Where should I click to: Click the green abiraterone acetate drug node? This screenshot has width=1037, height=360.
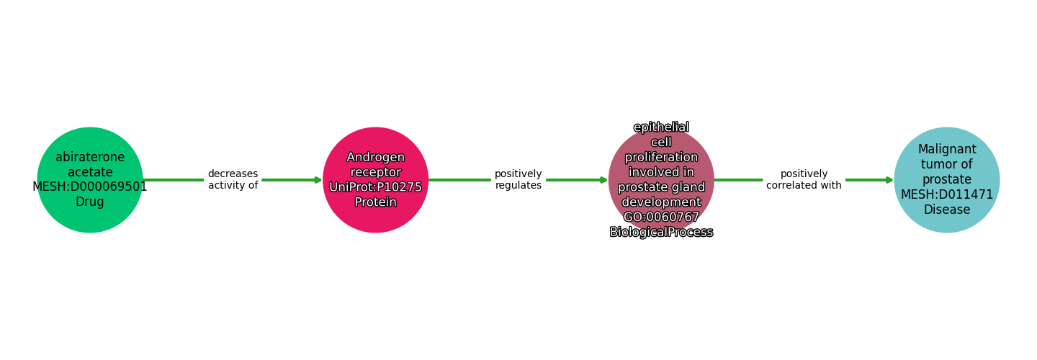[x=90, y=180]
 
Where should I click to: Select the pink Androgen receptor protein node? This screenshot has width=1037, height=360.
[x=375, y=180]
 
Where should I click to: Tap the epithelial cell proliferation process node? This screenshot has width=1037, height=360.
[x=661, y=180]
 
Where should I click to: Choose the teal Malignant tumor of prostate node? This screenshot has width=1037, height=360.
[x=947, y=180]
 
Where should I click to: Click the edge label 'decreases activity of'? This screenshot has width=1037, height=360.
[x=233, y=179]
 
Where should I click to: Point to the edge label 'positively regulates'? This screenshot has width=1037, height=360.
[x=518, y=179]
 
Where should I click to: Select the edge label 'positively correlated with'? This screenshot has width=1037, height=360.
[x=804, y=179]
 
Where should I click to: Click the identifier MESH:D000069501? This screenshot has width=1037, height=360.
[x=90, y=187]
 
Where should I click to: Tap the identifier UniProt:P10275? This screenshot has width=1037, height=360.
[x=375, y=187]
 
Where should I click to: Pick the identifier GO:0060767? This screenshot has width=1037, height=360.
[x=661, y=217]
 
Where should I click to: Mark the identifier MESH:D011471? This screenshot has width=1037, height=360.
[x=947, y=194]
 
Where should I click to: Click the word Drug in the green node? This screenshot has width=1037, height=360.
[x=90, y=202]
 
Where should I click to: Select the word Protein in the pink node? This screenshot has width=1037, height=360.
[x=375, y=202]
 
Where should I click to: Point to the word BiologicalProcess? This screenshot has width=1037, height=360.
[x=661, y=232]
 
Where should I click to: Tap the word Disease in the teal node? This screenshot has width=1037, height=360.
[x=947, y=210]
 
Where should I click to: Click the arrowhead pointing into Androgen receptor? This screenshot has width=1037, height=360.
[x=318, y=180]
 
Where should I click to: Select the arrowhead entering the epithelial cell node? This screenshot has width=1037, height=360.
[x=603, y=180]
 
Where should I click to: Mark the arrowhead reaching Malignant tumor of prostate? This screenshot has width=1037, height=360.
[x=889, y=180]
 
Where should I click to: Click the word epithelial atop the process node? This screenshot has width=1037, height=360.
[x=661, y=127]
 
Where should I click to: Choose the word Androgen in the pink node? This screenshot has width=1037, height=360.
[x=375, y=158]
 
